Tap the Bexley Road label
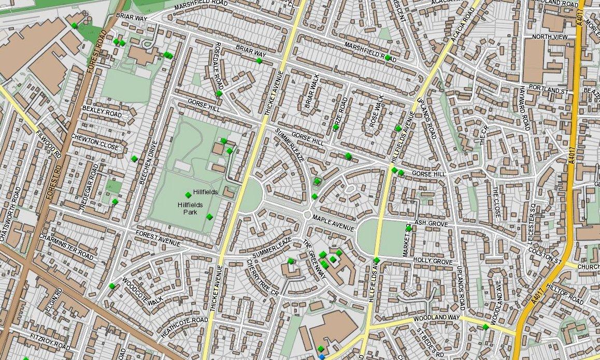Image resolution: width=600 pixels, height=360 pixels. coord(102,112)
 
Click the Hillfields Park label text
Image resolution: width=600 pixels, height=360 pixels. coord(188,209)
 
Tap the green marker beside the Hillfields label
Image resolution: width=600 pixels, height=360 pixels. coord(188,195)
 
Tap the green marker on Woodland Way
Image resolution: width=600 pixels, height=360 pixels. coord(485,327)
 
